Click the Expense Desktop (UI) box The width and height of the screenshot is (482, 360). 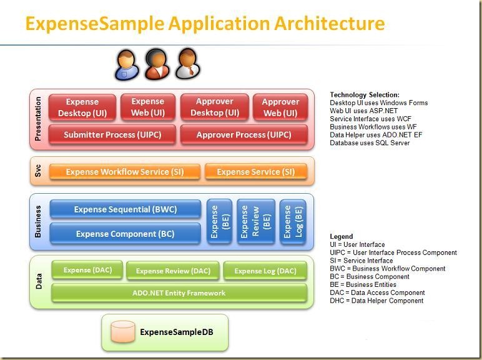point(82,107)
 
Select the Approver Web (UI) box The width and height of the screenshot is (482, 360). point(280,107)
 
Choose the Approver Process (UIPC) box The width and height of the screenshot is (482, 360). point(243,135)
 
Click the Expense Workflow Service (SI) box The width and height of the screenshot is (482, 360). point(125,172)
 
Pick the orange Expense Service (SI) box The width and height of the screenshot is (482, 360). point(255,172)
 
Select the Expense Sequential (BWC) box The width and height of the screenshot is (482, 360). point(125,209)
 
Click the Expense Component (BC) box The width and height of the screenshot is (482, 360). point(125,234)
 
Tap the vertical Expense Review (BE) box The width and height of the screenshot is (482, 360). point(255,222)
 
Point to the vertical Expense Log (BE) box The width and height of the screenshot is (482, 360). point(292,222)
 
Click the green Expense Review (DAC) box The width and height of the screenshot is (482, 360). point(173,271)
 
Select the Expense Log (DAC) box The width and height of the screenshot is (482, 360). point(265,271)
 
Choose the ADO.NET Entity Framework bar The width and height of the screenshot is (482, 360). point(179,292)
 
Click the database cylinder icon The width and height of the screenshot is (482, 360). point(123,332)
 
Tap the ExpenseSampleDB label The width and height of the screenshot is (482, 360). point(177,332)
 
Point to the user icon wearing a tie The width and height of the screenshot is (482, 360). point(185,64)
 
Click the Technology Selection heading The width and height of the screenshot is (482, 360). point(365,95)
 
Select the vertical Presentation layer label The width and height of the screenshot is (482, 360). point(38,119)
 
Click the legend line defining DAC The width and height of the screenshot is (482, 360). point(377,292)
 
